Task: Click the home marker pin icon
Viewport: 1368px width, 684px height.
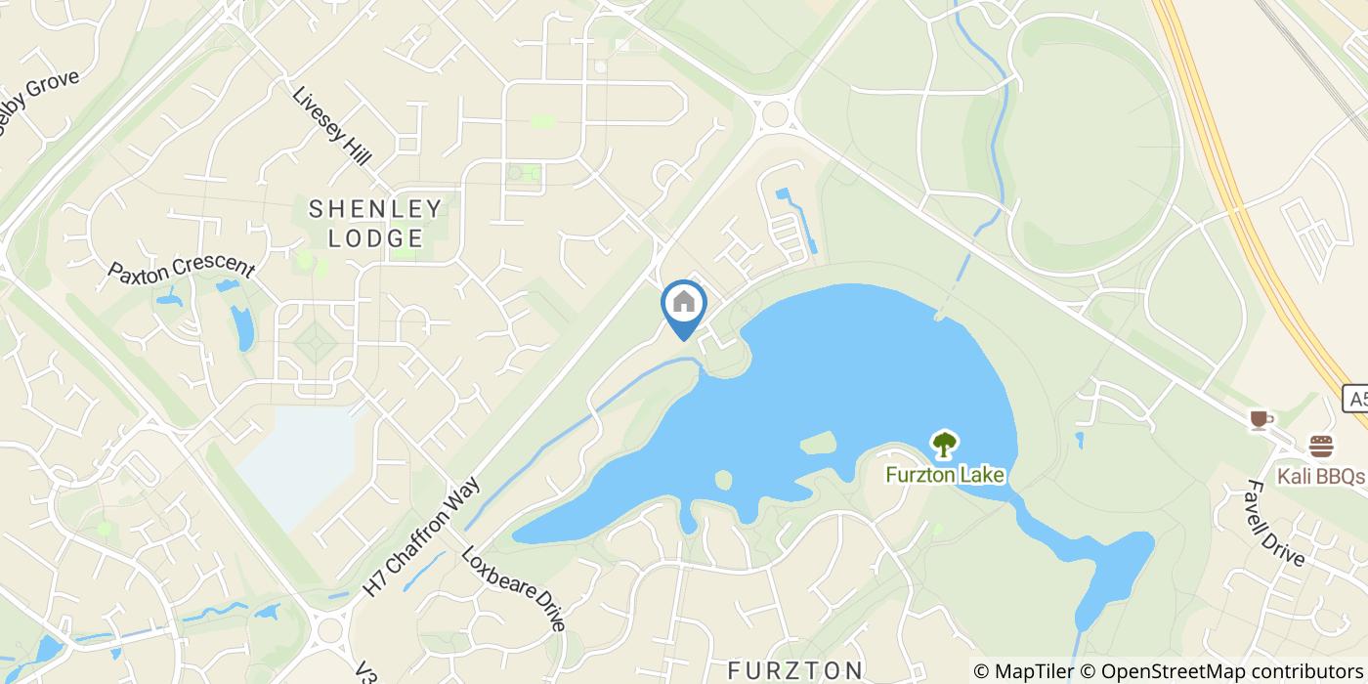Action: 684,305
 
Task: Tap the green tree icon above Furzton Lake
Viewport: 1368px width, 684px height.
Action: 944,446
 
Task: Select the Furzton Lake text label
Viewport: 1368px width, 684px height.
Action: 945,476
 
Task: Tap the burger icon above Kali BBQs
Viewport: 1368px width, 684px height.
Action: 1321,448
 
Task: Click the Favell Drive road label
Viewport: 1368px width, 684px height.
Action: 1275,523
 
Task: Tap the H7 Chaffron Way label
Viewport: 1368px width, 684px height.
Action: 422,536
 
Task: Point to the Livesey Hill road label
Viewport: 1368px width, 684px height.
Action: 332,126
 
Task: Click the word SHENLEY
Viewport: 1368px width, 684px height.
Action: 376,208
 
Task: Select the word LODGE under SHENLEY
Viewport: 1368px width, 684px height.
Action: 376,237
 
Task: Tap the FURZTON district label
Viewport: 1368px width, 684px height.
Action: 795,669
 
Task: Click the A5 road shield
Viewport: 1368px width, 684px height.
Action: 1355,399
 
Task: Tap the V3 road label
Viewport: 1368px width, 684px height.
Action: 364,671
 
